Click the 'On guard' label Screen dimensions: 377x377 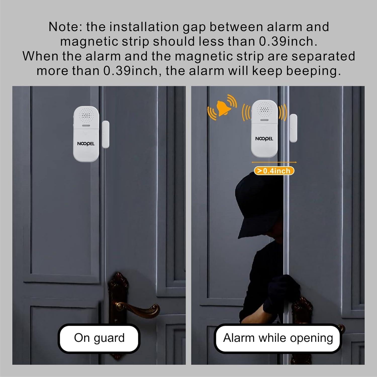coord(99,338)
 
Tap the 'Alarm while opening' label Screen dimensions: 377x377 coord(278,338)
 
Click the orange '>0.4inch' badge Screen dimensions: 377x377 coord(274,171)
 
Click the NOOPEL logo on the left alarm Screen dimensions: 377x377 coord(86,144)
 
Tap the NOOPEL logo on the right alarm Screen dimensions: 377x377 coord(264,139)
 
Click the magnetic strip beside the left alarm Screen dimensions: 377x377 coord(106,134)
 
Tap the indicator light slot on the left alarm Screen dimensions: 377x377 coord(86,125)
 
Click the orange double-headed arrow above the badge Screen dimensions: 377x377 coord(274,162)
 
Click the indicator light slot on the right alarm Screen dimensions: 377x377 coord(264,120)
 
